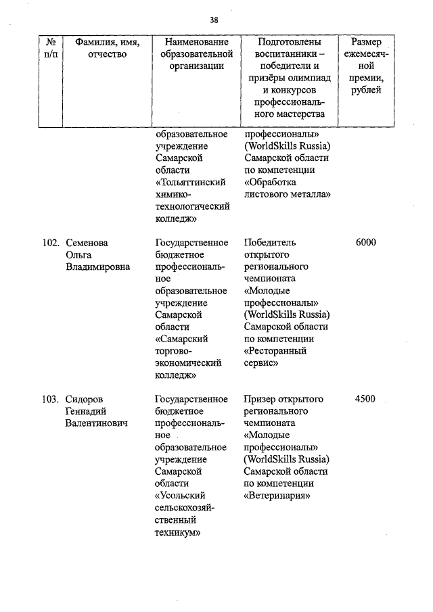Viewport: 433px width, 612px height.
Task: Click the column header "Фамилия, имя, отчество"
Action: [108, 48]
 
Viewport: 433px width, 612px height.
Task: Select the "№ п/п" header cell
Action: [51, 48]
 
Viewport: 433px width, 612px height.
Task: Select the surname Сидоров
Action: [84, 399]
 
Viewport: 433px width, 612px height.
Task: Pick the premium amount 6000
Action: [365, 242]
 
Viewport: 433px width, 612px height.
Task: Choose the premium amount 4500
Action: [365, 399]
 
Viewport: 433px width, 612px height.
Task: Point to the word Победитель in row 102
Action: [269, 242]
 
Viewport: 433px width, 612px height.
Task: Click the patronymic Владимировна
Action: [98, 266]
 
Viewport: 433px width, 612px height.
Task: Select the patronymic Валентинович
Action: [97, 423]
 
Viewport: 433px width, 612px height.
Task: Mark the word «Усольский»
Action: [181, 496]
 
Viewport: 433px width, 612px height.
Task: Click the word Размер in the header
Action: [365, 42]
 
